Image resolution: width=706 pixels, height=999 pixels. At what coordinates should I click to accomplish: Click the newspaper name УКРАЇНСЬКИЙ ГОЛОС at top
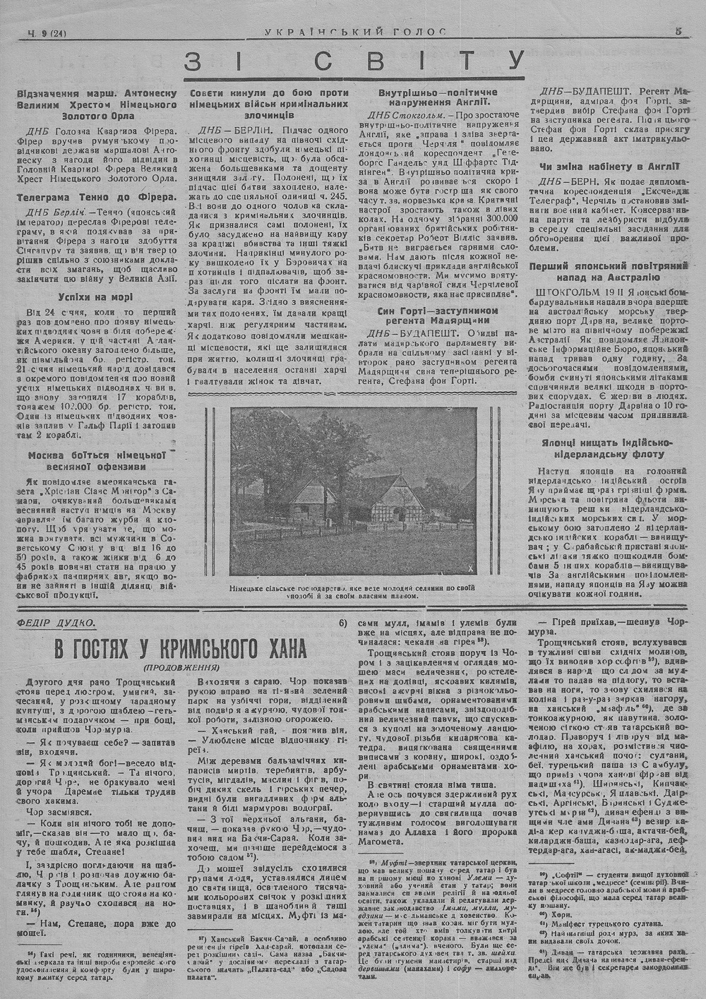pyautogui.click(x=355, y=31)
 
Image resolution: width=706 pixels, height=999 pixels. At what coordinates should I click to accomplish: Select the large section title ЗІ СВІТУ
pyautogui.click(x=355, y=62)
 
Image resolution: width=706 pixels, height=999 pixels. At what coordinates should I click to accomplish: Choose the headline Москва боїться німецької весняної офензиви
pyautogui.click(x=96, y=461)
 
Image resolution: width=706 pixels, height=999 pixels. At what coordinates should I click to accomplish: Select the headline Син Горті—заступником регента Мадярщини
pyautogui.click(x=438, y=316)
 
